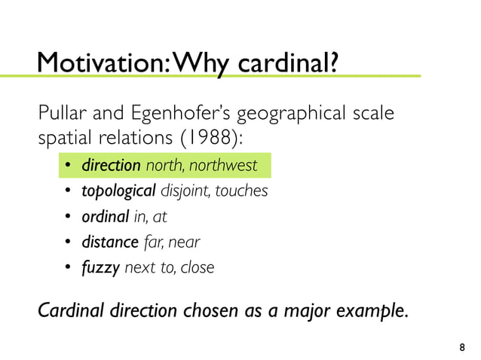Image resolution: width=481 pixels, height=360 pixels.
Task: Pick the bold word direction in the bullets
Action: coord(112,165)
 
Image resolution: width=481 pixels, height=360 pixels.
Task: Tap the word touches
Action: coord(242,191)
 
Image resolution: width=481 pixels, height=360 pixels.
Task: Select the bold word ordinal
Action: coord(106,217)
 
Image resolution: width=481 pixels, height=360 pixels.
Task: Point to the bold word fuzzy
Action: coord(101,268)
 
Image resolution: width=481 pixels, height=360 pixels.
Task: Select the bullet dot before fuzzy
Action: coord(67,269)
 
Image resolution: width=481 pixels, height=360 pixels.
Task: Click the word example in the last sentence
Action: coord(379,311)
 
